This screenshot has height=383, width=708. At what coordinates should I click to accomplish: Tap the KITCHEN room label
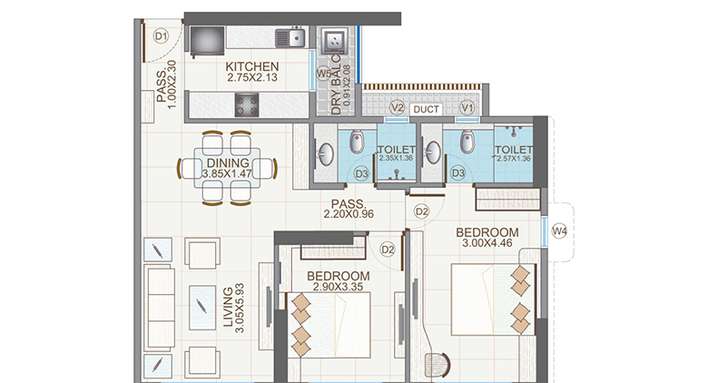click(x=252, y=67)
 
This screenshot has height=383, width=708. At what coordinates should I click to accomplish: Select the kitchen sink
click(x=290, y=37)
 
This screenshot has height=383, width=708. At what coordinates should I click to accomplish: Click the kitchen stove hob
click(x=248, y=105)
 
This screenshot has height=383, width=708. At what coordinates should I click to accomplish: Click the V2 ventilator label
click(x=396, y=109)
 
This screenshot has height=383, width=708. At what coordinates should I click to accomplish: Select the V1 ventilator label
click(x=467, y=109)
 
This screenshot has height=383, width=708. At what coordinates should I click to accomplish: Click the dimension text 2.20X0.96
click(x=349, y=215)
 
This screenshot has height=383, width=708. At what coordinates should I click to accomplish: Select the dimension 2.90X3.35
click(x=339, y=288)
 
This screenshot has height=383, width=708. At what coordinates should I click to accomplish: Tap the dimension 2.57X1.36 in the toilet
click(x=513, y=159)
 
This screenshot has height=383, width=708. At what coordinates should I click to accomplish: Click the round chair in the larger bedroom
click(x=442, y=367)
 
